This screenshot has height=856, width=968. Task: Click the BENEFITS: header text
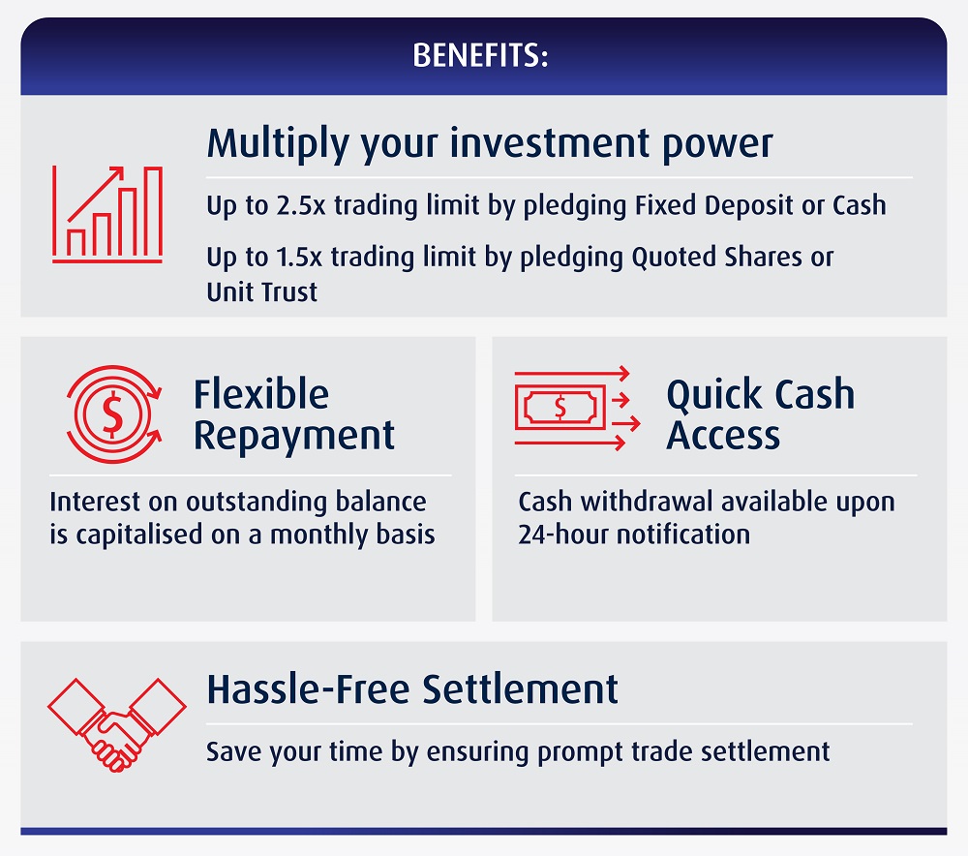pos(480,55)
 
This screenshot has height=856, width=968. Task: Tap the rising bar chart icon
pos(107,214)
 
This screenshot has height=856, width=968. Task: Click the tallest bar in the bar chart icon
pos(153,211)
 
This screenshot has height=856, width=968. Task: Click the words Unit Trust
pos(261,292)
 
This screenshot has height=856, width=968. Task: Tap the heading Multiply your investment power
pos(490,143)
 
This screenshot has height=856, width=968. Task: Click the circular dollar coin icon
pos(113,413)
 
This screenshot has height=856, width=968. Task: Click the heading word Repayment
pos(294,436)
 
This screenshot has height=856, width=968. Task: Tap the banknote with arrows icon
pos(577,408)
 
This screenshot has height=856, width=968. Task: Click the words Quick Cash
pos(761,394)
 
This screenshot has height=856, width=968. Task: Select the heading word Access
pos(723,436)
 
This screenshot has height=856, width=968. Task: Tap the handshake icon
pos(117,725)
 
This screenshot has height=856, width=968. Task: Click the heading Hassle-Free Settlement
pos(412,689)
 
